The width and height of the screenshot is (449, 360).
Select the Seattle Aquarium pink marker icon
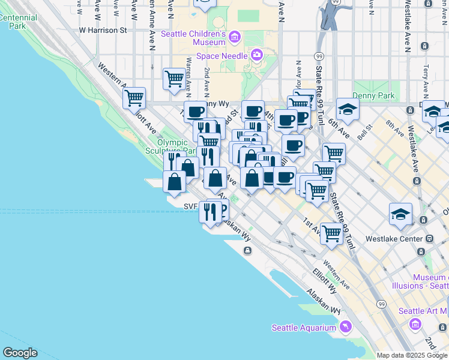(345, 326)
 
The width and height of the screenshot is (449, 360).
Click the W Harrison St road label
(103, 29)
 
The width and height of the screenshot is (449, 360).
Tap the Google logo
(20, 352)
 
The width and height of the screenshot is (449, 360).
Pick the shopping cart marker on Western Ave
(134, 97)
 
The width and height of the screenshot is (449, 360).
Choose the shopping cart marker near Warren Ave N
(174, 79)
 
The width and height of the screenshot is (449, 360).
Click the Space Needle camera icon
(256, 55)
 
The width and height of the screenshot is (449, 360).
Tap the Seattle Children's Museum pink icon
(234, 38)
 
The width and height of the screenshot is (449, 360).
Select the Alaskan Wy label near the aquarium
(324, 302)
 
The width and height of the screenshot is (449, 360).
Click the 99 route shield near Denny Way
(318, 56)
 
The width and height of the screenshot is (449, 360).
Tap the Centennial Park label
(18, 22)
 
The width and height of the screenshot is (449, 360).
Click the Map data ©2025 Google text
(412, 355)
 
